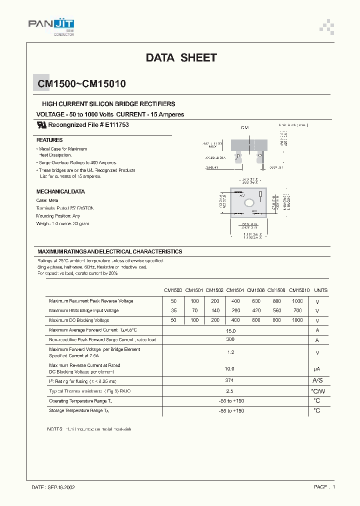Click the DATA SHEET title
(x=181, y=58)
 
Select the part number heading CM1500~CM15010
(x=81, y=84)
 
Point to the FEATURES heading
(x=49, y=140)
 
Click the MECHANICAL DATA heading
(x=60, y=191)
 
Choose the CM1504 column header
(x=235, y=290)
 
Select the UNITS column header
(x=321, y=290)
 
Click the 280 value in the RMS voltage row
(x=235, y=310)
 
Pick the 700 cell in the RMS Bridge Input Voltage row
(x=297, y=310)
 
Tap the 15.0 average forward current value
(x=230, y=330)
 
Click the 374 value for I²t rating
(x=230, y=380)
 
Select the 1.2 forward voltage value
(x=230, y=352)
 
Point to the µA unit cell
(x=317, y=368)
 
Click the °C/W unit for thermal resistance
(x=317, y=391)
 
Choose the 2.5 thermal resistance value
(x=230, y=391)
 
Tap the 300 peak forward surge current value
(x=230, y=339)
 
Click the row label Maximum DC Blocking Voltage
(x=79, y=320)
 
